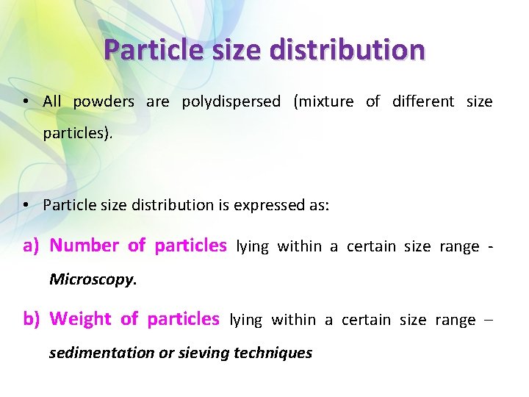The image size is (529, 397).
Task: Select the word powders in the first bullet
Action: pyautogui.click(x=104, y=101)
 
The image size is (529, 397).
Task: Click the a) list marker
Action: pyautogui.click(x=31, y=246)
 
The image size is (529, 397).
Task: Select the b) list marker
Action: pyautogui.click(x=31, y=319)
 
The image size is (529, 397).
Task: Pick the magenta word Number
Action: pyautogui.click(x=84, y=246)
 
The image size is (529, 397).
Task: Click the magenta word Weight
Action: pyautogui.click(x=80, y=319)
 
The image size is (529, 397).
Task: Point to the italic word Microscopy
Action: pyautogui.click(x=93, y=279)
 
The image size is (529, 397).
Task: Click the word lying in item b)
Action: pyautogui.click(x=246, y=320)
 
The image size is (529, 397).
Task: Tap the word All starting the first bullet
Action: pyautogui.click(x=52, y=101)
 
